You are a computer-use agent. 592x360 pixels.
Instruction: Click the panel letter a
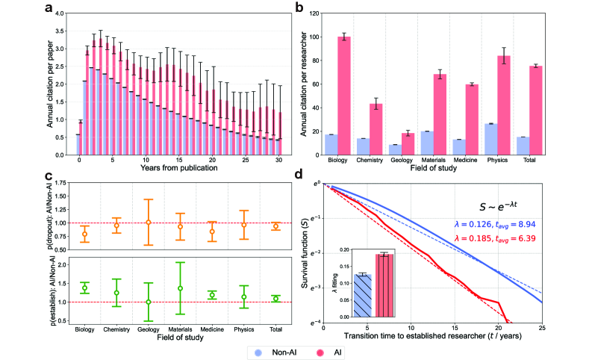49,8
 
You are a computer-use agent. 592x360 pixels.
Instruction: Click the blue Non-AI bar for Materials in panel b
427,143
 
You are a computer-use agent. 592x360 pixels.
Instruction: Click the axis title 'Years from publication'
169,168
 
